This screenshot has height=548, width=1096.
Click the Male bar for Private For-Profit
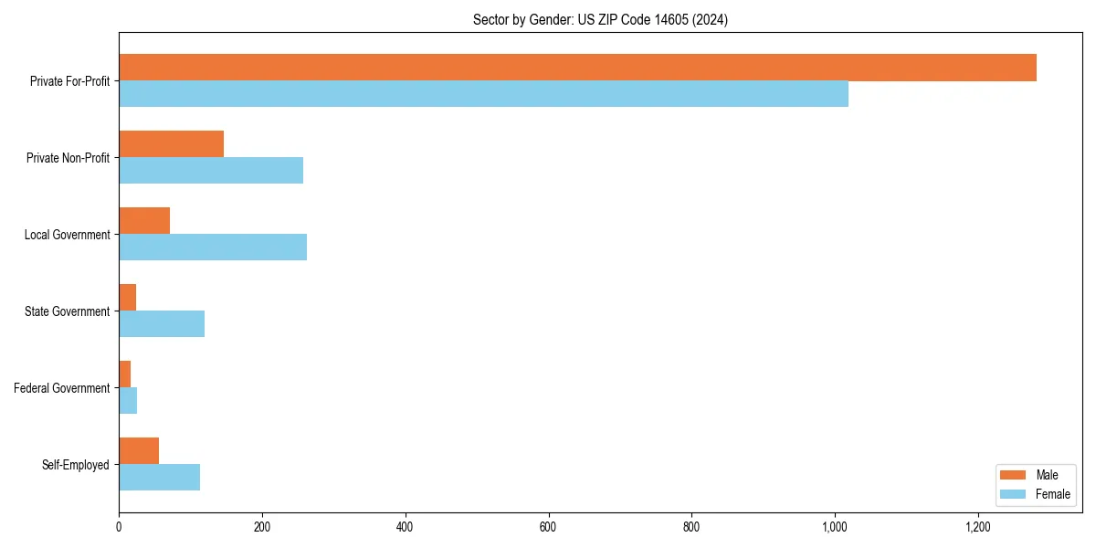577,68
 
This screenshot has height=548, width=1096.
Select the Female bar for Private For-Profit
483,94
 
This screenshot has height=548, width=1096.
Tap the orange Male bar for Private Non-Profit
171,144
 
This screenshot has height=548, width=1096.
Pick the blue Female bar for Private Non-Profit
211,171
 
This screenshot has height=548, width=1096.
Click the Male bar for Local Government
144,221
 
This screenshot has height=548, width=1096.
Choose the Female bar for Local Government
213,248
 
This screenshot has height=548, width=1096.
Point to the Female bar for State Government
162,324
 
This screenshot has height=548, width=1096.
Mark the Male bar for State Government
128,298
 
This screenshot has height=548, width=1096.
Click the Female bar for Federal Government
128,401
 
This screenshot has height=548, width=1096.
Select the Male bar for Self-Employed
139,451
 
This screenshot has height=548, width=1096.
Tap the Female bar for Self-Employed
159,478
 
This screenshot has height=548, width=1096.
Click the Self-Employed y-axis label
76,465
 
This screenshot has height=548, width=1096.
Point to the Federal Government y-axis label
62,388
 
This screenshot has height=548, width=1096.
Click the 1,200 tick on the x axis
977,527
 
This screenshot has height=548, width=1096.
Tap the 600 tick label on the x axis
548,527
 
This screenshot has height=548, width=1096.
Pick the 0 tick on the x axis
119,527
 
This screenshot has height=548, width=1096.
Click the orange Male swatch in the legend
1014,475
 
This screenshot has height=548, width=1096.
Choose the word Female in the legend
1053,494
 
